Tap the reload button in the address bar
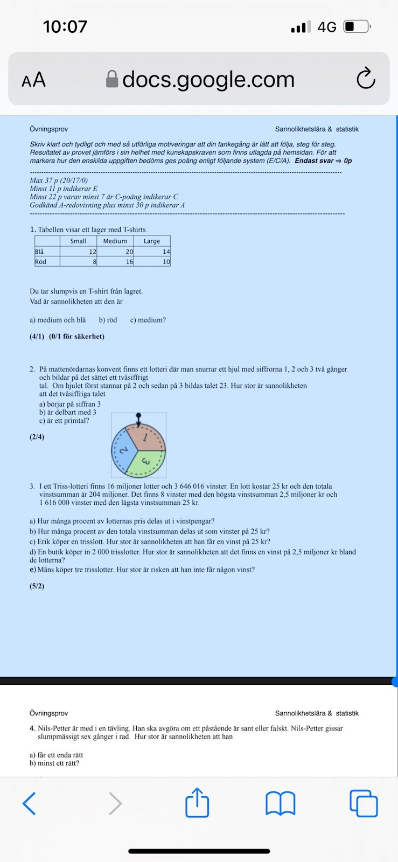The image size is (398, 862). click(366, 79)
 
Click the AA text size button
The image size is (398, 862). click(33, 80)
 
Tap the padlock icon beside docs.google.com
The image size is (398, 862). click(112, 79)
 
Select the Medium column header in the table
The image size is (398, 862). click(115, 241)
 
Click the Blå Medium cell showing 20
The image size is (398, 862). click(115, 252)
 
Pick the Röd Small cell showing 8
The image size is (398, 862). click(78, 262)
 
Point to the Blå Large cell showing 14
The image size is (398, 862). click(152, 252)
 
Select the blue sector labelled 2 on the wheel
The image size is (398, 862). click(123, 450)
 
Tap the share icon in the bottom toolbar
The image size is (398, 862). click(197, 803)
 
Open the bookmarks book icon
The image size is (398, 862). click(281, 803)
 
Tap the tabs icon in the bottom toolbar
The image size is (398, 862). click(364, 803)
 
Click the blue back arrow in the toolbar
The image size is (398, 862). click(29, 803)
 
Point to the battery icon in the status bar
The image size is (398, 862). click(357, 26)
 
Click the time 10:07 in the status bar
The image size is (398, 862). click(65, 26)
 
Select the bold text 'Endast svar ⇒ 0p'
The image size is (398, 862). click(323, 161)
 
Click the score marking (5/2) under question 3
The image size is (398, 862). click(37, 586)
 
